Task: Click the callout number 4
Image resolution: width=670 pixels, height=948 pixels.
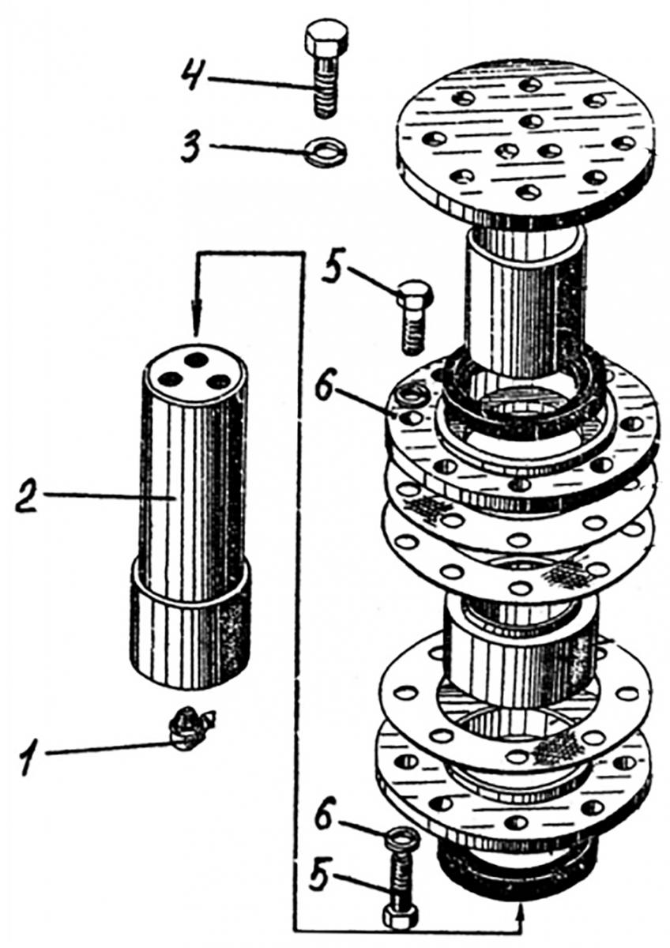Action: tap(194, 76)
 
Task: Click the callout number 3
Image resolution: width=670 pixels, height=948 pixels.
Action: tap(194, 148)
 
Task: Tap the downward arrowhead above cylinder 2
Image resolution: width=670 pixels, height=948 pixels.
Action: tap(198, 316)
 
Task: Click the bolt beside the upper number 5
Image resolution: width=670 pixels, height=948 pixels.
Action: tap(414, 316)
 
